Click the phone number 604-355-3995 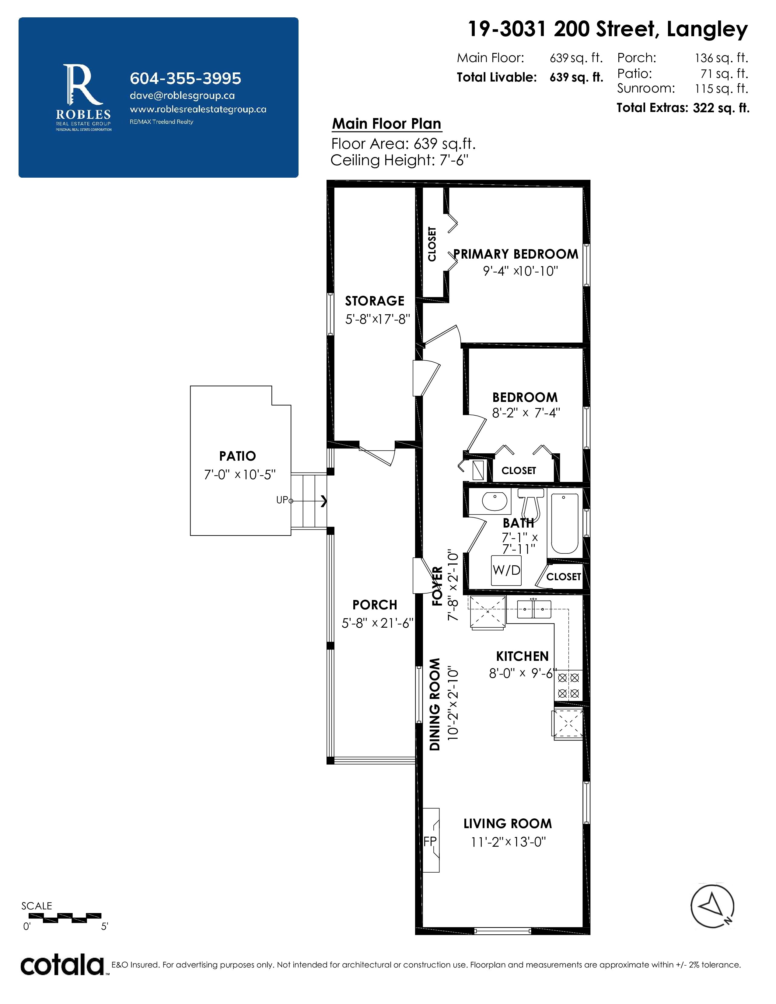click(185, 78)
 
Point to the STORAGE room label click(375, 301)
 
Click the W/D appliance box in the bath click(506, 570)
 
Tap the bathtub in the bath click(565, 524)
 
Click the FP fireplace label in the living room click(430, 841)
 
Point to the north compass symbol click(713, 906)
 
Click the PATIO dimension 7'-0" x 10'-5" click(239, 474)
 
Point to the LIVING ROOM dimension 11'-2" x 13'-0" click(508, 842)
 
